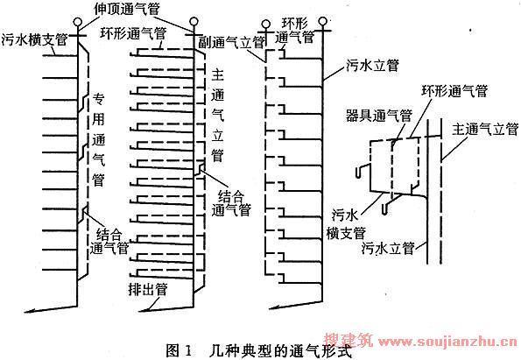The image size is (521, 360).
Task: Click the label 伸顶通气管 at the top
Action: (127, 8)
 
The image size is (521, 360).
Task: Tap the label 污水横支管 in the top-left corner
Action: (34, 39)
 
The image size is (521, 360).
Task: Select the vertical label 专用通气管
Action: (98, 139)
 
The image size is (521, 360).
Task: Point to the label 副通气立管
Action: (231, 42)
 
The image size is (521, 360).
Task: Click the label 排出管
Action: (148, 289)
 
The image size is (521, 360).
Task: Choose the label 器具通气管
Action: (379, 116)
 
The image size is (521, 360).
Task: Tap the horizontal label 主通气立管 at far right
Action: (485, 129)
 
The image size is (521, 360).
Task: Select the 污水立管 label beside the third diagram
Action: (372, 65)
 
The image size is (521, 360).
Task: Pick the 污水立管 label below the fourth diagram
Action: (388, 248)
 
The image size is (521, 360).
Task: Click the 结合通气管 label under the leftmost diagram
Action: (109, 242)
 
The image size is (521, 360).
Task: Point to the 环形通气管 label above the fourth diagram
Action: (454, 90)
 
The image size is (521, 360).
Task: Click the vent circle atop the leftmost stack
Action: (78, 23)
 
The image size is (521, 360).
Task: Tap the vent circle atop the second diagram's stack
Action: (194, 22)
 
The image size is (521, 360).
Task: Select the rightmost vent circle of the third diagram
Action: (322, 22)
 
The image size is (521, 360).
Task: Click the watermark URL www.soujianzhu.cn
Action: (448, 342)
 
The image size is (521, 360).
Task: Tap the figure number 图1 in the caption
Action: (180, 351)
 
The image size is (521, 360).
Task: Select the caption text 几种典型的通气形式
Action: (281, 351)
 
